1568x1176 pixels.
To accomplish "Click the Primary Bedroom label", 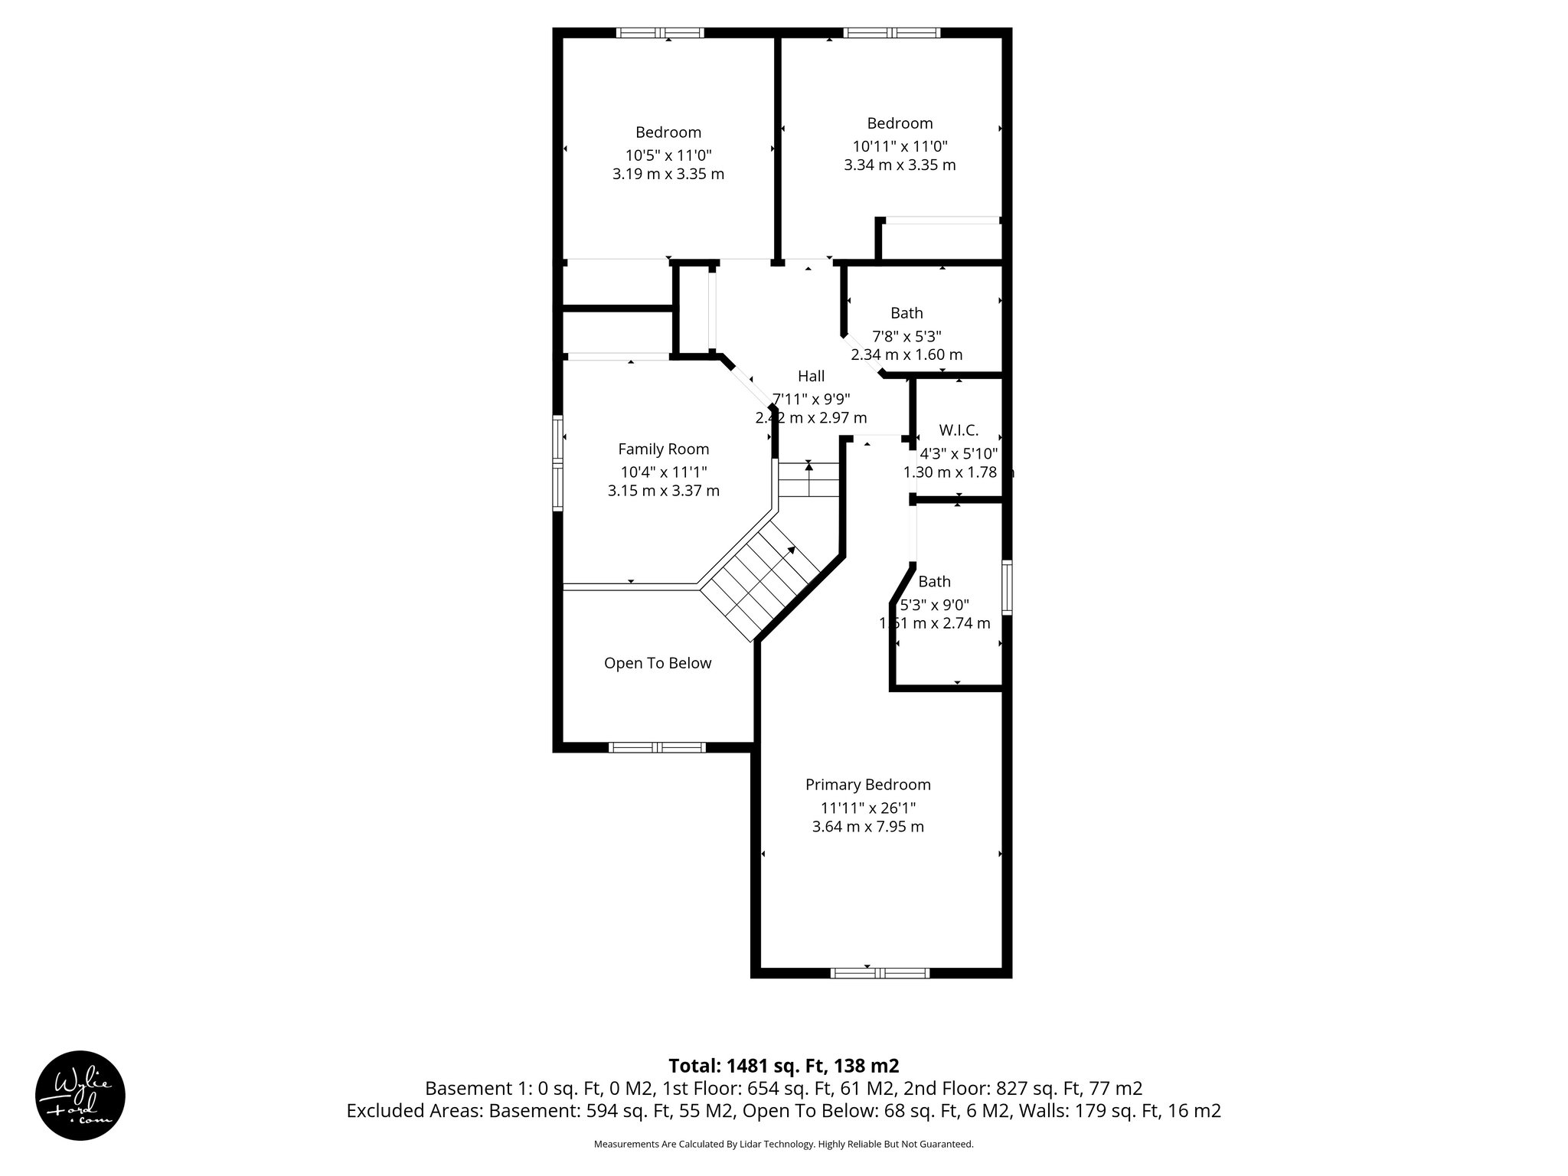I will [x=867, y=785].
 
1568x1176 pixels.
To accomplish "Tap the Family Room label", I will [x=664, y=449].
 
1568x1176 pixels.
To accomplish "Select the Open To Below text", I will [x=658, y=663].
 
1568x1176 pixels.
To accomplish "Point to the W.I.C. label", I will [x=959, y=430].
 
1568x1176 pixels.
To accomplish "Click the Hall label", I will [x=811, y=376].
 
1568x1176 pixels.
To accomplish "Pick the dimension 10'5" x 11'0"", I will [x=668, y=155].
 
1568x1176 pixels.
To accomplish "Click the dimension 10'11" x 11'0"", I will [x=900, y=145].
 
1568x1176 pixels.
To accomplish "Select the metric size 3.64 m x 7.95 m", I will [x=867, y=826].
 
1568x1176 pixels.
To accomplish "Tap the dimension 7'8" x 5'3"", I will [x=906, y=336].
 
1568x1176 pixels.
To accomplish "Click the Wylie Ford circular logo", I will [x=80, y=1095].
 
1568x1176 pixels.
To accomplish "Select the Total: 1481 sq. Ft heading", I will [x=783, y=1066].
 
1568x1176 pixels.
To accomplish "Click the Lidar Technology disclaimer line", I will [x=783, y=1145].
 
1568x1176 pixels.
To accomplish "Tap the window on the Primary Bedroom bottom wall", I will [x=880, y=973].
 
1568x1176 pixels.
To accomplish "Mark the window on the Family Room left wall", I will [x=558, y=462].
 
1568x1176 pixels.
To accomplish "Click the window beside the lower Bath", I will [x=1007, y=587].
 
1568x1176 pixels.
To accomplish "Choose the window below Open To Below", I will [x=657, y=747].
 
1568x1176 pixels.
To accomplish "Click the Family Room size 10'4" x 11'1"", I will [x=664, y=472].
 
